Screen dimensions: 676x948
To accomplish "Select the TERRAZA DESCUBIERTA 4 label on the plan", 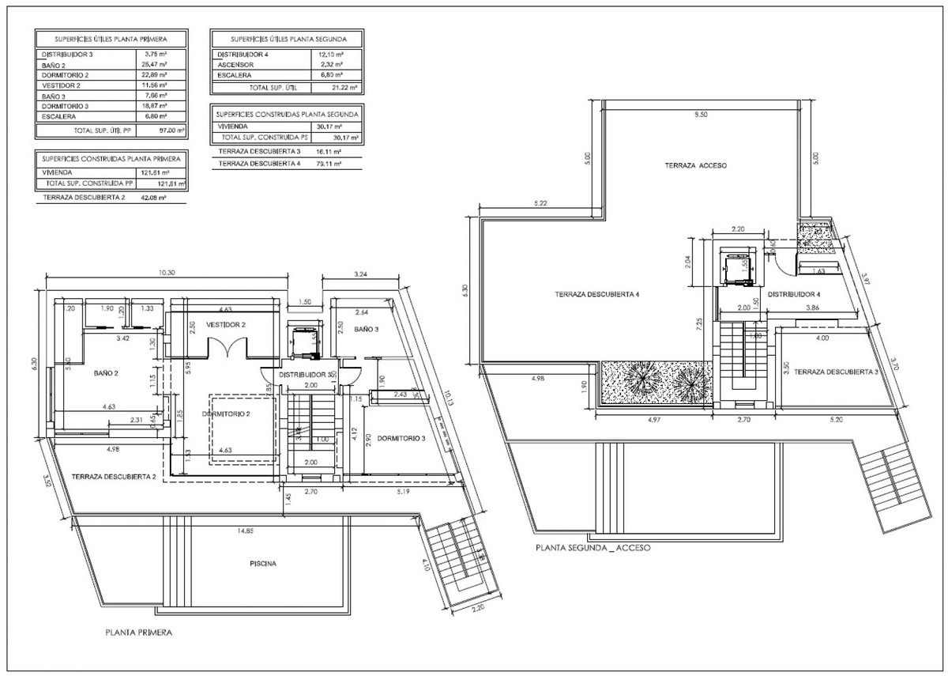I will point(596,294).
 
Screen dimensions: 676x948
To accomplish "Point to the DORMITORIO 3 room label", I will point(401,438).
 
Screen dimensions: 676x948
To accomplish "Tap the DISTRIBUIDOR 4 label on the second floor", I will point(796,294).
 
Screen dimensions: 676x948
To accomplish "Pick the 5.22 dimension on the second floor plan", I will point(541,203).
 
